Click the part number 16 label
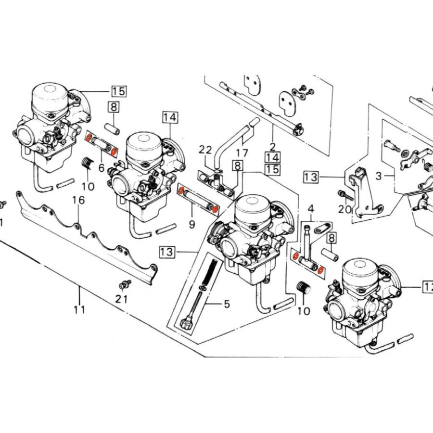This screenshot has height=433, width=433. (x=78, y=200)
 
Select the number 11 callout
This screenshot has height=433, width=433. (x=79, y=309)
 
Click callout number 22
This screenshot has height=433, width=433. (x=205, y=150)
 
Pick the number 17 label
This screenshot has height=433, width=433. (x=242, y=153)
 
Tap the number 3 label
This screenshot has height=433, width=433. (x=379, y=176)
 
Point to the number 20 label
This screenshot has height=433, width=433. (x=344, y=209)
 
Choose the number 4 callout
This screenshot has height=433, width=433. (x=311, y=209)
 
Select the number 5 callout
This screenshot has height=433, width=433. (x=226, y=304)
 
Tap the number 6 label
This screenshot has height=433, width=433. (x=101, y=168)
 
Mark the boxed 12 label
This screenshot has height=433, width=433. (x=427, y=287)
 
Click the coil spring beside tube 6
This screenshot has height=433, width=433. (x=87, y=164)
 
